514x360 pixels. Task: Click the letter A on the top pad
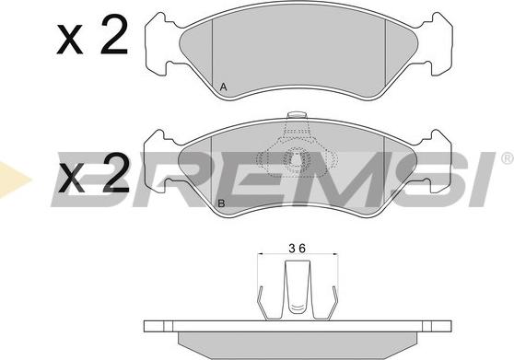pos(223,87)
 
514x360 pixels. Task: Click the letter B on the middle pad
pos(222,203)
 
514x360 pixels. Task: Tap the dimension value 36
pos(298,249)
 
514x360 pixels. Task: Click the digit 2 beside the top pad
pos(113,35)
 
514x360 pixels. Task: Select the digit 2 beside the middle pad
pos(116,173)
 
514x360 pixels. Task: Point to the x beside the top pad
pos(70,40)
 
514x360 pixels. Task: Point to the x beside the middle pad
pos(72,179)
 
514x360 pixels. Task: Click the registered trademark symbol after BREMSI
pos(507,158)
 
